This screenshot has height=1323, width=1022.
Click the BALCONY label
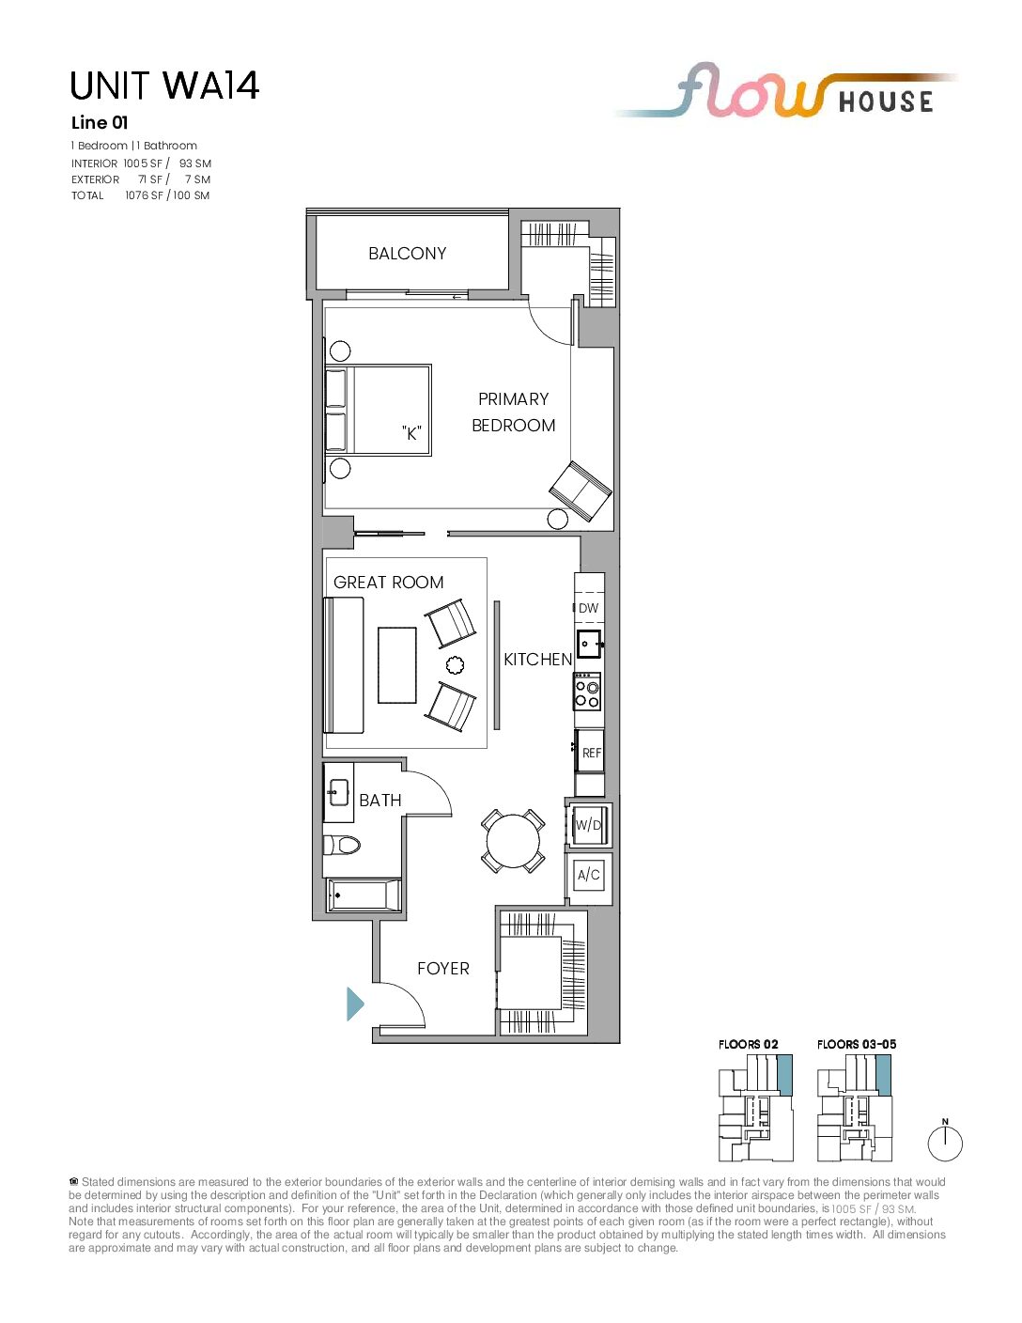pos(408,254)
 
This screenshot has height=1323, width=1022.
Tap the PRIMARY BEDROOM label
pos(514,412)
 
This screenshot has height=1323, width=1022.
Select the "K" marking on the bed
pos(411,433)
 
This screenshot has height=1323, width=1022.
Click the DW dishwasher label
pos(589,608)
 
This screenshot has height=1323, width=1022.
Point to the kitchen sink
pos(589,644)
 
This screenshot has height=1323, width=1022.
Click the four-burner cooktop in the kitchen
pos(588,692)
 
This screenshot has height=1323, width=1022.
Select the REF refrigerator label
pos(591,753)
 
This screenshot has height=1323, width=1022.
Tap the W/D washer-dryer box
pos(589,825)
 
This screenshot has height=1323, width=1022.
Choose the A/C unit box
pos(589,875)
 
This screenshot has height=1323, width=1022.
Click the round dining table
pos(513,841)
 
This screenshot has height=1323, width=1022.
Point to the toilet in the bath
pos(342,845)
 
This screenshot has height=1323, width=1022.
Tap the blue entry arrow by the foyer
pos(355,1004)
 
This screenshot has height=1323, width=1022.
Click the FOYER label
pos(443,969)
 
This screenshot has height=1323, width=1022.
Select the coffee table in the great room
pos(396,665)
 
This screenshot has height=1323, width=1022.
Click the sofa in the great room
pos(344,665)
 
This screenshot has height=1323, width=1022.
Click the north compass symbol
pos(945,1143)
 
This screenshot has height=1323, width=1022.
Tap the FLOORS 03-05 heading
pos(857,1044)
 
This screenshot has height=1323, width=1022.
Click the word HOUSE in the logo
pos(886,101)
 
